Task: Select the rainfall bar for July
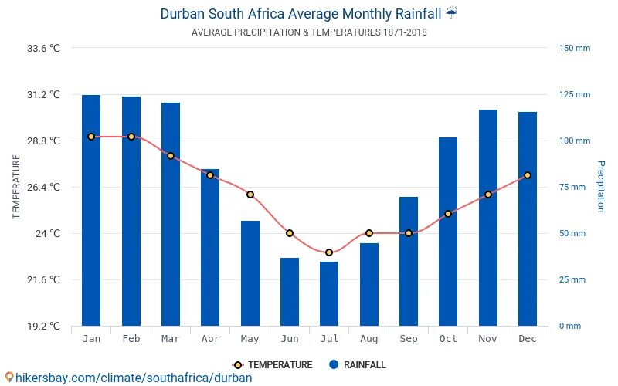coord(329,293)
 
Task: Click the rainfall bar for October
coord(448,232)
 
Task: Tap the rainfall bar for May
coord(250,273)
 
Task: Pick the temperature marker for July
coord(329,252)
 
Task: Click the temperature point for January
coord(91,137)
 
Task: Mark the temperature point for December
coord(527,175)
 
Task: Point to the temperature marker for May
coord(250,195)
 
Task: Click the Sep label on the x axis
coord(409,339)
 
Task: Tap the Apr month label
coord(210,339)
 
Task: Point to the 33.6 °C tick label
coord(43,48)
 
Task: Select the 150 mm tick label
coord(574,48)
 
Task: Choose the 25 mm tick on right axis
coord(572,279)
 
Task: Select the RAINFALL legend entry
coord(357,365)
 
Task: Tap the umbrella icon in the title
coord(452,13)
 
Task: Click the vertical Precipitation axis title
coord(600,187)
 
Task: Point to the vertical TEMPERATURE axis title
coord(16,187)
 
